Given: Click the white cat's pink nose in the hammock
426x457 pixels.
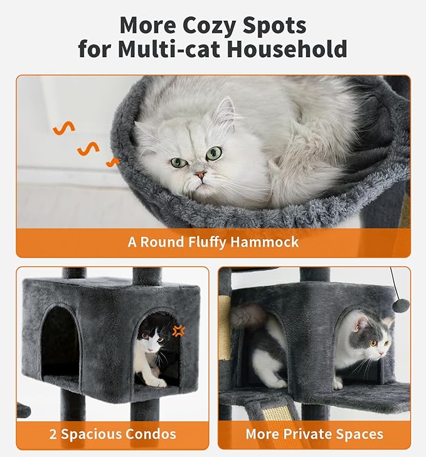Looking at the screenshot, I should point(200,175).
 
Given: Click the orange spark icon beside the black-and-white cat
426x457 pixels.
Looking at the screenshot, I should point(180,331).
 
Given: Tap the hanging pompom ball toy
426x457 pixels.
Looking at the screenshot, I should point(400,306).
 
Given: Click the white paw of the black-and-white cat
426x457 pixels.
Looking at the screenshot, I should point(157,382).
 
